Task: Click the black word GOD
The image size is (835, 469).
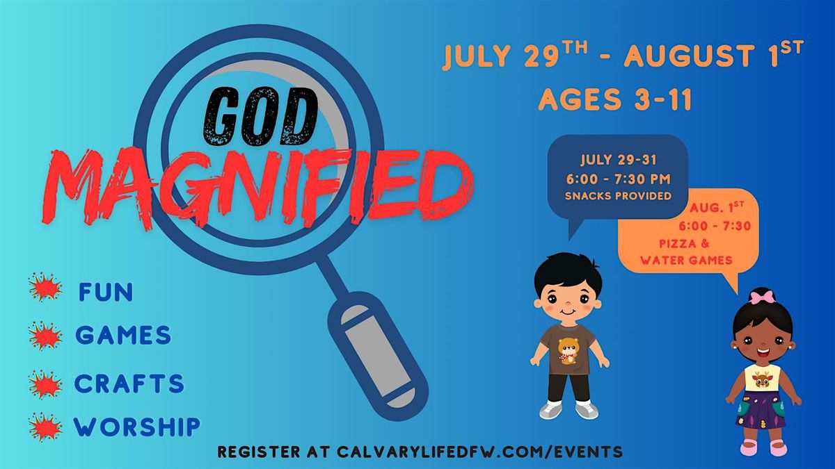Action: pos(260,117)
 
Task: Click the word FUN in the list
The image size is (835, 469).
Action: pos(106,293)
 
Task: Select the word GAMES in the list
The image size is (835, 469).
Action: pos(123,335)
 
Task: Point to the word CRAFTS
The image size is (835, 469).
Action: pos(129,384)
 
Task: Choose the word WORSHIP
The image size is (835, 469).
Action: pos(137,427)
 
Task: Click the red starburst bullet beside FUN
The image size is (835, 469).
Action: pos(45,286)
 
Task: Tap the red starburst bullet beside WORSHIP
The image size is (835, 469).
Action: pos(45,427)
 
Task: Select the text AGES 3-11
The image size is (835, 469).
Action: pos(615,99)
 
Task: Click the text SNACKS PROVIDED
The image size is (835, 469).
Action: pos(618,196)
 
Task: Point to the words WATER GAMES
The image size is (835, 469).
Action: pos(686,260)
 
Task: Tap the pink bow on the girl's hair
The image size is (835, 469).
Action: pos(757,298)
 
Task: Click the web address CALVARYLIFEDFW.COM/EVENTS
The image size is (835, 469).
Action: pos(479,452)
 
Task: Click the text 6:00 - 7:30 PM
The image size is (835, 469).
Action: pos(619,179)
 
